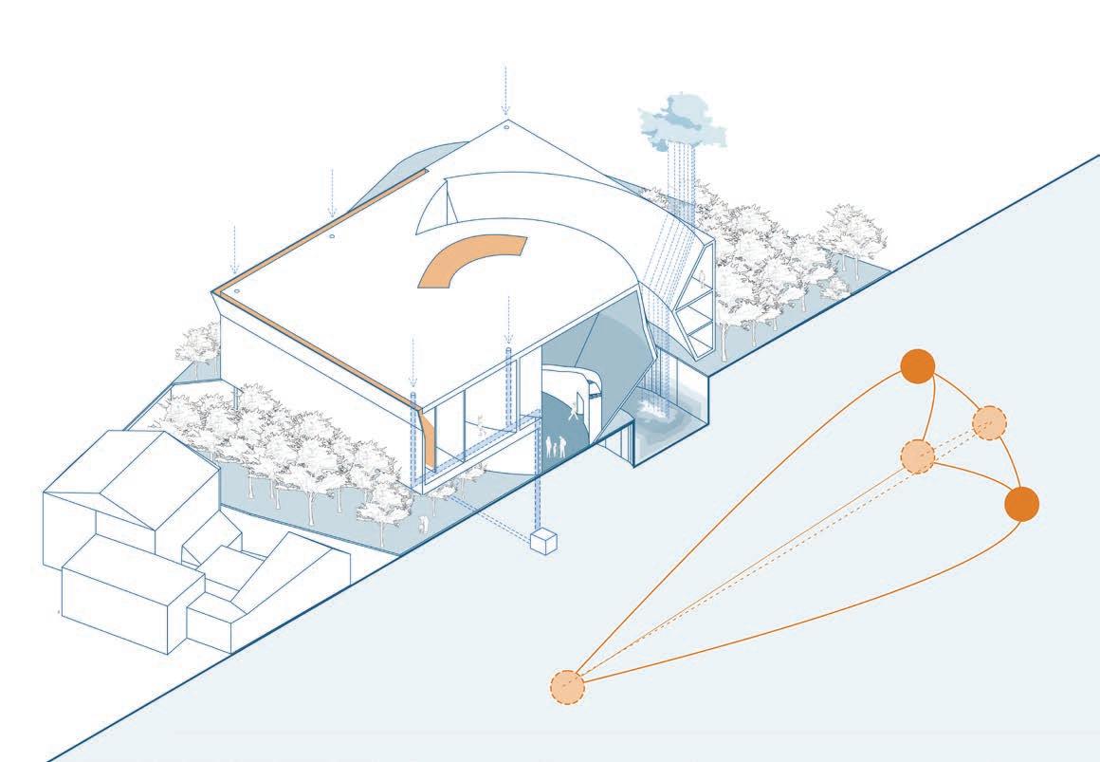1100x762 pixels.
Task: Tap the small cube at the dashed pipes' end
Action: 543,542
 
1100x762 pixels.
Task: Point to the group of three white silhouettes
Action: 556,445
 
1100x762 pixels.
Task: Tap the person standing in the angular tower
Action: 703,276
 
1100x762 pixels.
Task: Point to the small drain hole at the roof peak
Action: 506,126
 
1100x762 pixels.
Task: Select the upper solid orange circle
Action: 917,366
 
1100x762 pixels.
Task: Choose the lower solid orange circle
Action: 1021,504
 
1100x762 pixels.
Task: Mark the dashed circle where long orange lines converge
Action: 567,686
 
